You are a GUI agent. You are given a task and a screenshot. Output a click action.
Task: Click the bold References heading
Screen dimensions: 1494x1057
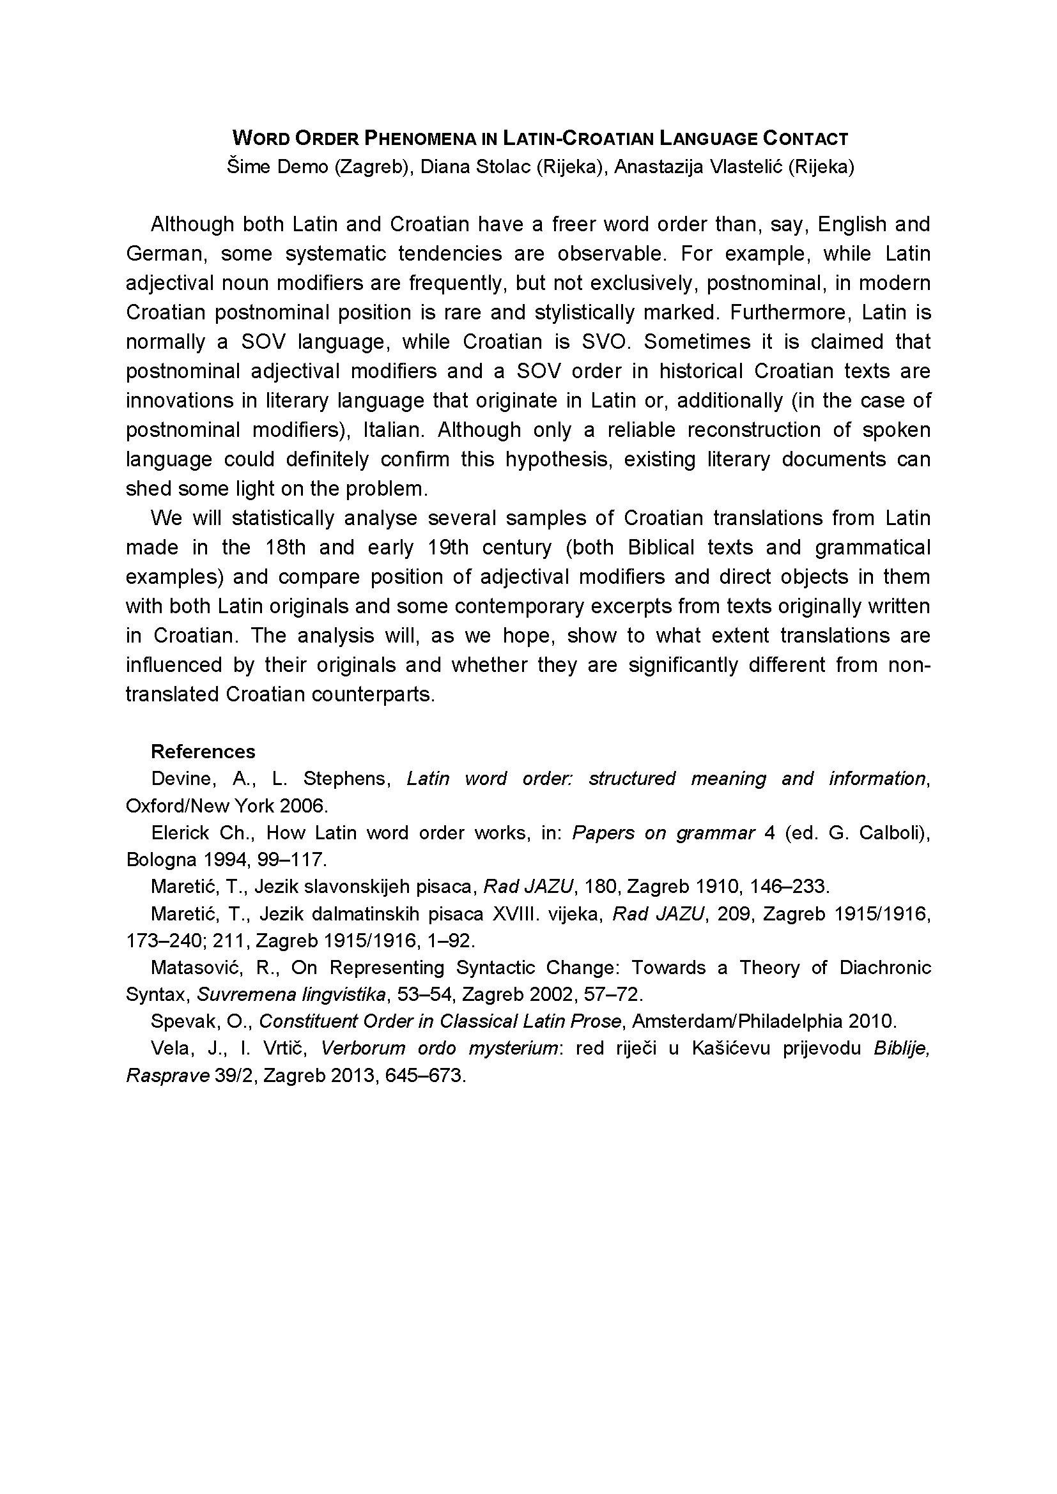pyautogui.click(x=203, y=752)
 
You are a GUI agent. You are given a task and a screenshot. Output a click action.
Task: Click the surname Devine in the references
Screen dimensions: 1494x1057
pyautogui.click(x=181, y=779)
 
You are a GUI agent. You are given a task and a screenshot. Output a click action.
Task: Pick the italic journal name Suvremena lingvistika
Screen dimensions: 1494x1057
pyautogui.click(x=290, y=995)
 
